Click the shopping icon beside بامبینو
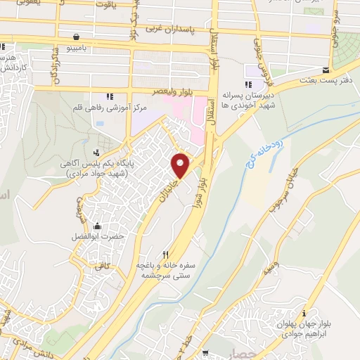[x=75, y=37]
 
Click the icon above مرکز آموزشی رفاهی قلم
[x=108, y=96]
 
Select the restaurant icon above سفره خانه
[x=166, y=255]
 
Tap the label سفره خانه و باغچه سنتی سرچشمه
[x=169, y=270]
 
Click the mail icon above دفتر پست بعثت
[x=325, y=70]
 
